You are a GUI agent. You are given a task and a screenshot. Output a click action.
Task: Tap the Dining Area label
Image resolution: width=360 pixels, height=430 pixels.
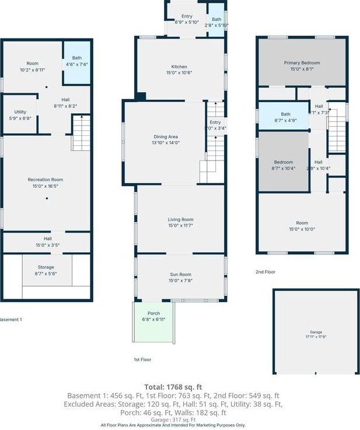click(165, 139)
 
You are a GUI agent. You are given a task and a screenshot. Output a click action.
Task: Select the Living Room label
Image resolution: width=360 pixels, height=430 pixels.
click(180, 222)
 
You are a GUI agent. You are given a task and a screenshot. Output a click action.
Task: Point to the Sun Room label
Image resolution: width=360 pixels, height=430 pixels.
click(180, 277)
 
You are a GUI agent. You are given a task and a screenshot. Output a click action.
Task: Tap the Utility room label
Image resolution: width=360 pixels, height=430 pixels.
click(20, 116)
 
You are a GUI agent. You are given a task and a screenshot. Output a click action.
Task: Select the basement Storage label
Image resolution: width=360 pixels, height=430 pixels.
click(47, 270)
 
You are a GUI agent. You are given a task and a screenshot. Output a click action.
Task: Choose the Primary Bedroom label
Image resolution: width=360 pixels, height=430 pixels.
click(302, 65)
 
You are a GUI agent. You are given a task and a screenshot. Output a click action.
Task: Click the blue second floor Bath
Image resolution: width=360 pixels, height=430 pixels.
click(285, 117)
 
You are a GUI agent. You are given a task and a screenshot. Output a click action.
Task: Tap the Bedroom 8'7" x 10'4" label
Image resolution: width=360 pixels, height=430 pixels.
click(284, 165)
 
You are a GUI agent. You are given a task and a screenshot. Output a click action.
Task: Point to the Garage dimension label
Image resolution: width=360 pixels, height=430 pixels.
click(315, 335)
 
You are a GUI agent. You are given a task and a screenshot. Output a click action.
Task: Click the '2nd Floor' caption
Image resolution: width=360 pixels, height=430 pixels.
click(266, 272)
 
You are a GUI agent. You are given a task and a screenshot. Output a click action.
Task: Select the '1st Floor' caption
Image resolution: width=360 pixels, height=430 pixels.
click(142, 359)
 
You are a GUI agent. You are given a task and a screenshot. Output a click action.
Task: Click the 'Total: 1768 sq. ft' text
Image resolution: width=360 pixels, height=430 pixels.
click(173, 386)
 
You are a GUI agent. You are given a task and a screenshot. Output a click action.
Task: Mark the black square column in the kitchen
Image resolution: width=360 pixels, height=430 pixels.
click(141, 96)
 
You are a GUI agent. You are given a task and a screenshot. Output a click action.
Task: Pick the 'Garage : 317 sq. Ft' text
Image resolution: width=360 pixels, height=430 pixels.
click(173, 419)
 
